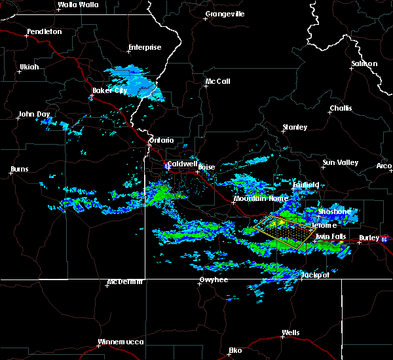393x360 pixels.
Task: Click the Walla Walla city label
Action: (78, 5)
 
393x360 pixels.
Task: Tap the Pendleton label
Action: (45, 31)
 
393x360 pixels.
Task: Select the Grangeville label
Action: (225, 14)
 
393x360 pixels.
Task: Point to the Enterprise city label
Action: (145, 47)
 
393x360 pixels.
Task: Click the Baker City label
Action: (109, 90)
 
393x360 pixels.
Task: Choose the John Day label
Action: (35, 114)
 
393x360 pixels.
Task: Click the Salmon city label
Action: (364, 63)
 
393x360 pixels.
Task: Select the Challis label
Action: (341, 108)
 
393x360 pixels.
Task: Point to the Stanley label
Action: (295, 127)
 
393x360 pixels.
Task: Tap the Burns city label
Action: (20, 170)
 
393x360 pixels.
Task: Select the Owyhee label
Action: (214, 279)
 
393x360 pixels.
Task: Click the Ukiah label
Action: (29, 67)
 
